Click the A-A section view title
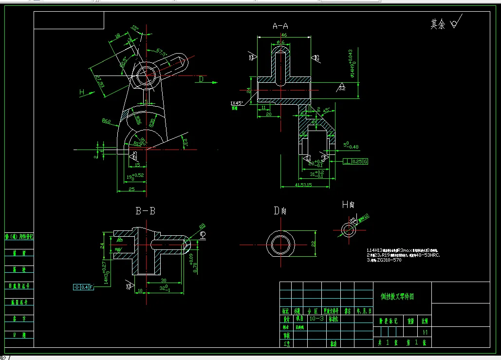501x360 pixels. tap(280, 26)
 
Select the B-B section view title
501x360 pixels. tap(145, 211)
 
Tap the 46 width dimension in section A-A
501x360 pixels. tap(283, 35)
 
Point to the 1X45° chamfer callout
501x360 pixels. tap(237, 103)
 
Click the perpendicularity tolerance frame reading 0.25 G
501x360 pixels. tap(355, 161)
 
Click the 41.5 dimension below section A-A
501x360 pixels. tap(303, 185)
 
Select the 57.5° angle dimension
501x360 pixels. tap(162, 51)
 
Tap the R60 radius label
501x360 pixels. tap(106, 120)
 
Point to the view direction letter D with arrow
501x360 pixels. tap(201, 79)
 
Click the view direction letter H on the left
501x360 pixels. tap(82, 92)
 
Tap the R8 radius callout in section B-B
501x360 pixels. tap(202, 226)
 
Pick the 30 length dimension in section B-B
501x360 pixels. tap(164, 281)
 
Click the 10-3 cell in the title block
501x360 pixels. tap(317, 319)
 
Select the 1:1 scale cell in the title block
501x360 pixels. tap(425, 332)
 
